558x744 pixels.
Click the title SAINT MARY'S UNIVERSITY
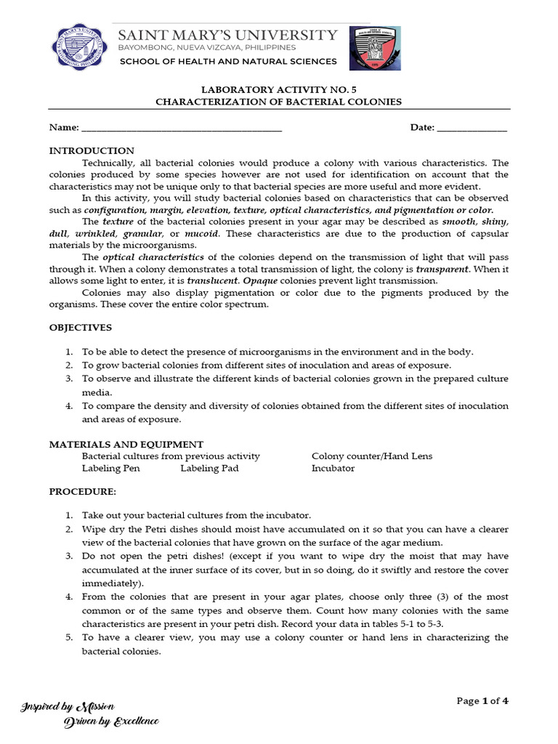coord(228,35)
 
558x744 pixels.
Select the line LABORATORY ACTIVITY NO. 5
coord(278,89)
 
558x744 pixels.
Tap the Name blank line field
coord(182,128)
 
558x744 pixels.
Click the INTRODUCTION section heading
coord(92,150)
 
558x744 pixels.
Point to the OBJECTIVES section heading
coord(81,328)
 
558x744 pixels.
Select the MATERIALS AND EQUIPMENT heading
coord(126,444)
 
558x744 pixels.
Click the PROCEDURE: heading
coord(82,492)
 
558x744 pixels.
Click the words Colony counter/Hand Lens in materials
coord(371,456)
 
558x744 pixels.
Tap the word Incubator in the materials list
coord(333,469)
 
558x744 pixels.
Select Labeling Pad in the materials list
coord(209,469)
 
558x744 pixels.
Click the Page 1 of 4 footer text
coord(482,701)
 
